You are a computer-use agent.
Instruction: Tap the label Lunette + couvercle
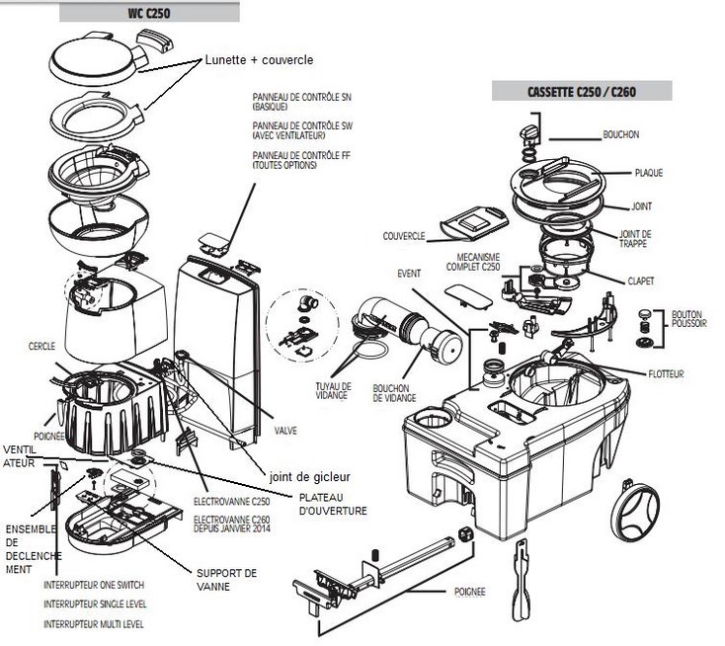(x=260, y=60)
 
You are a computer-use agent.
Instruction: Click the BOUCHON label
(x=621, y=134)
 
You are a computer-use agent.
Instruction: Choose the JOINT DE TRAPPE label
(x=641, y=207)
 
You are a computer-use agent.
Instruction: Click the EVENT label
(x=408, y=273)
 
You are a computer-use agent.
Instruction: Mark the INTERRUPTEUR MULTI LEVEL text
(x=94, y=624)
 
